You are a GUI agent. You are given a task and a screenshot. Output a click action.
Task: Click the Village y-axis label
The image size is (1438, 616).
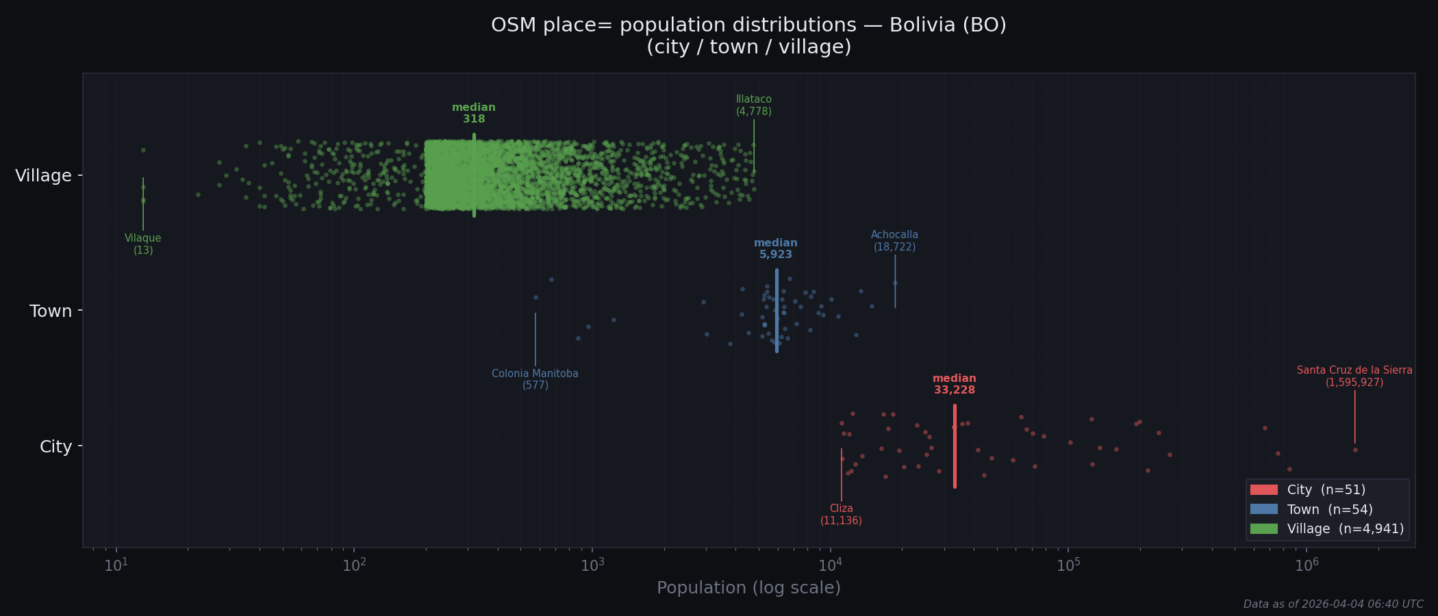43,176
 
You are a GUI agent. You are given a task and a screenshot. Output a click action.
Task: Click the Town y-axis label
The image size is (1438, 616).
51,311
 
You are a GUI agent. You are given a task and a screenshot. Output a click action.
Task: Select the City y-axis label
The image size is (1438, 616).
55,447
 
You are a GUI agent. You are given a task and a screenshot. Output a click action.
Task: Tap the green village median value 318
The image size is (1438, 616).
474,119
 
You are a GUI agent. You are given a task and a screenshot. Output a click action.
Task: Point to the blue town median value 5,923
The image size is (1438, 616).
775,255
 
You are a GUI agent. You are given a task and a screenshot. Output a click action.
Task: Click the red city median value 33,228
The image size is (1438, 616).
954,390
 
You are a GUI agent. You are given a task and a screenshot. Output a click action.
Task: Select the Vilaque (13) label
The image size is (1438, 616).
143,244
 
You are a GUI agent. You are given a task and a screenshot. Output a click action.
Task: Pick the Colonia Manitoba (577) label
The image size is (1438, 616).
535,379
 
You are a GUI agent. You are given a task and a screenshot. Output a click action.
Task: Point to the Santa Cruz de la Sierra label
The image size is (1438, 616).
1354,370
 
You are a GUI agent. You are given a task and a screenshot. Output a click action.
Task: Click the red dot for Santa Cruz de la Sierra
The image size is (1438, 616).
1355,450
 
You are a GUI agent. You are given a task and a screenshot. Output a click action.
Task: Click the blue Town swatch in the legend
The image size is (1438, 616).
1263,509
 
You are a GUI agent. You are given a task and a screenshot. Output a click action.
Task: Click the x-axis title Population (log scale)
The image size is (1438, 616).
748,588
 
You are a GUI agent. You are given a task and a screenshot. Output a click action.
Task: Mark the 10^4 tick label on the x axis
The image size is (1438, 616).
830,565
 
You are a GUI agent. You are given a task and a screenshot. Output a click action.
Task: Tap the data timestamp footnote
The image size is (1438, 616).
1333,604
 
